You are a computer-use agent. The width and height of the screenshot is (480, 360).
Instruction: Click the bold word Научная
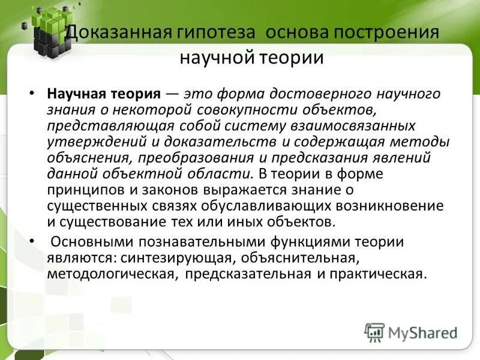(x=75, y=94)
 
